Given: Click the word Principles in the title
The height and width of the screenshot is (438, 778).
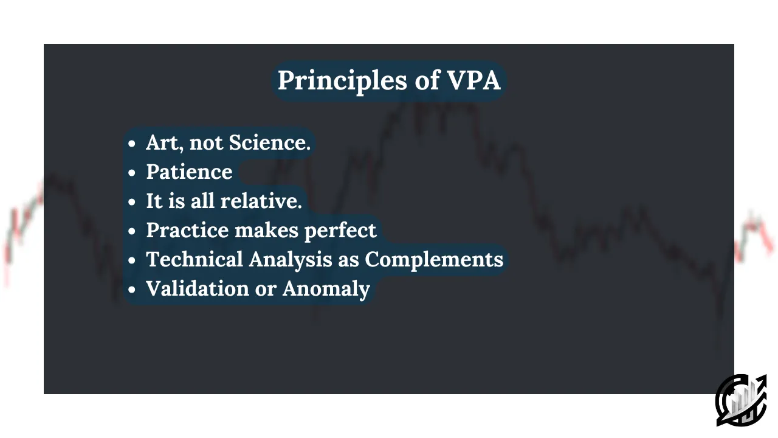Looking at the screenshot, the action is click(x=342, y=82).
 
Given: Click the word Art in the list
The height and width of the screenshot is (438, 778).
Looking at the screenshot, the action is click(x=162, y=142).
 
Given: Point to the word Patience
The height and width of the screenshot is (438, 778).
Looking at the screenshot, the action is click(x=189, y=172).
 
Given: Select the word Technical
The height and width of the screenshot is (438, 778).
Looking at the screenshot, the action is click(x=194, y=259).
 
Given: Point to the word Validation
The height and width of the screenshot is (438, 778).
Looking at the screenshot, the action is click(x=198, y=288).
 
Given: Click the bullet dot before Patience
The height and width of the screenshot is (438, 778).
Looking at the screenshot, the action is click(x=132, y=172).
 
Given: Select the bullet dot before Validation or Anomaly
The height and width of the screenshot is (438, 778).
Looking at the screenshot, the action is click(x=132, y=289).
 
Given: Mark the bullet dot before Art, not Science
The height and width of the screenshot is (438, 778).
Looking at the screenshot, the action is click(x=132, y=143).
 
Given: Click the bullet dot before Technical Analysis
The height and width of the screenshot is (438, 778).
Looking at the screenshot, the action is click(x=132, y=260).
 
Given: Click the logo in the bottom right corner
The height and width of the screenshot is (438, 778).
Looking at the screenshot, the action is click(x=741, y=400).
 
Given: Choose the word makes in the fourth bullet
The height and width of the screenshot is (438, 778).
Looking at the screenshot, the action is click(x=267, y=230).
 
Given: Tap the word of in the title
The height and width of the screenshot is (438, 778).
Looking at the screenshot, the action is click(x=427, y=80).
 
